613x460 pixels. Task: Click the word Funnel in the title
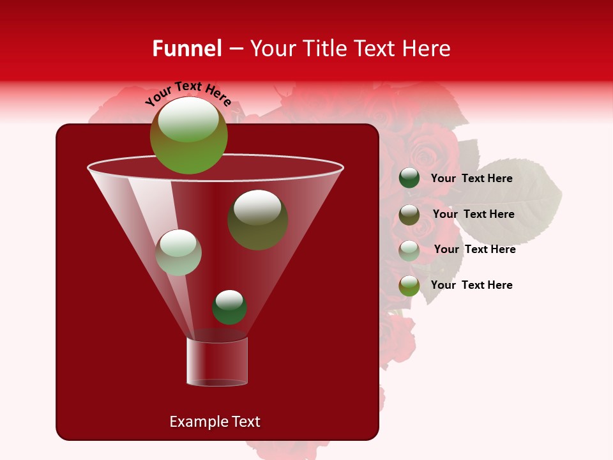point(187,49)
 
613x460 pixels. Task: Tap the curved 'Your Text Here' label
point(188,93)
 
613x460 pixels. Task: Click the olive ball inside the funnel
point(257,219)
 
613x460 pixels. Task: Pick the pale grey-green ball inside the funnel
point(178,252)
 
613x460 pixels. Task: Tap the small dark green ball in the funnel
point(229,307)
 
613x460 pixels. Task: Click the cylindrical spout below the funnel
point(217,362)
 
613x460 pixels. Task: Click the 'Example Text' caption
point(215,422)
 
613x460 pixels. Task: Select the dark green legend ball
point(409,178)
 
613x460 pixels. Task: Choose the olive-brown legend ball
point(409,215)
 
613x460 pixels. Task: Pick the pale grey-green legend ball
point(409,250)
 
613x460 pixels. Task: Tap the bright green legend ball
point(409,286)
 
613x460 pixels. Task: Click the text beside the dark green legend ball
point(471,179)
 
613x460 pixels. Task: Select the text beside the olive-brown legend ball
point(473,215)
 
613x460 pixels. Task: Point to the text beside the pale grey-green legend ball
point(474,250)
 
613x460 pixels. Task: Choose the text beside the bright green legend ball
point(471,286)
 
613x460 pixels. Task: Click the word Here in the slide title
point(427,49)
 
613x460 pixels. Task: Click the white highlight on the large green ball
point(188,119)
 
